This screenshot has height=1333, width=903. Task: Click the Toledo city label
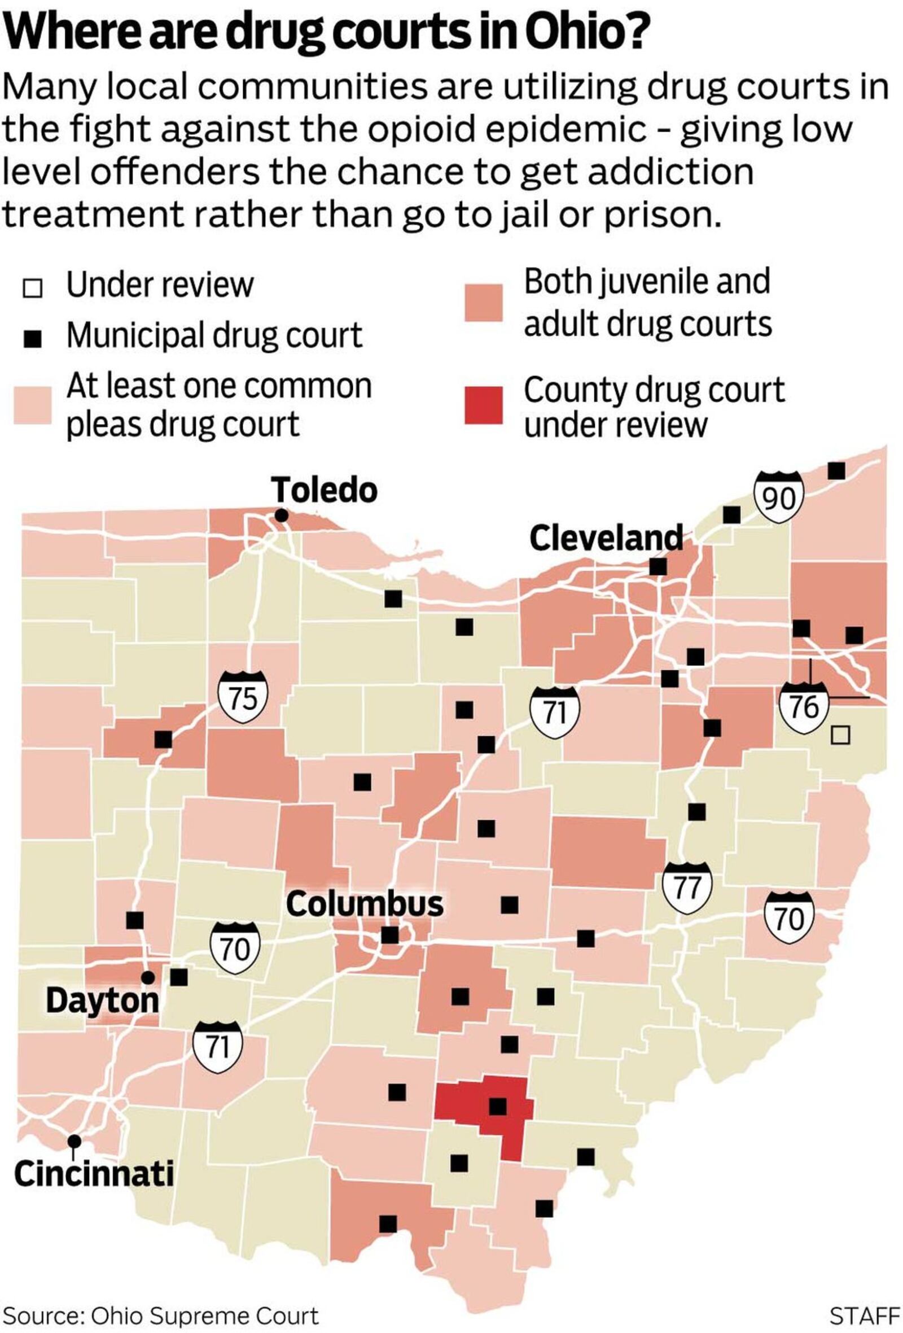tap(324, 491)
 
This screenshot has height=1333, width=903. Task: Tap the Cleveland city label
tap(606, 538)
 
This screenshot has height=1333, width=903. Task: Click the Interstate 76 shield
tap(804, 706)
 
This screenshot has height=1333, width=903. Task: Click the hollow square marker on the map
tap(840, 735)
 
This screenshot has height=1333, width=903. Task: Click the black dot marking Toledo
tap(281, 515)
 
